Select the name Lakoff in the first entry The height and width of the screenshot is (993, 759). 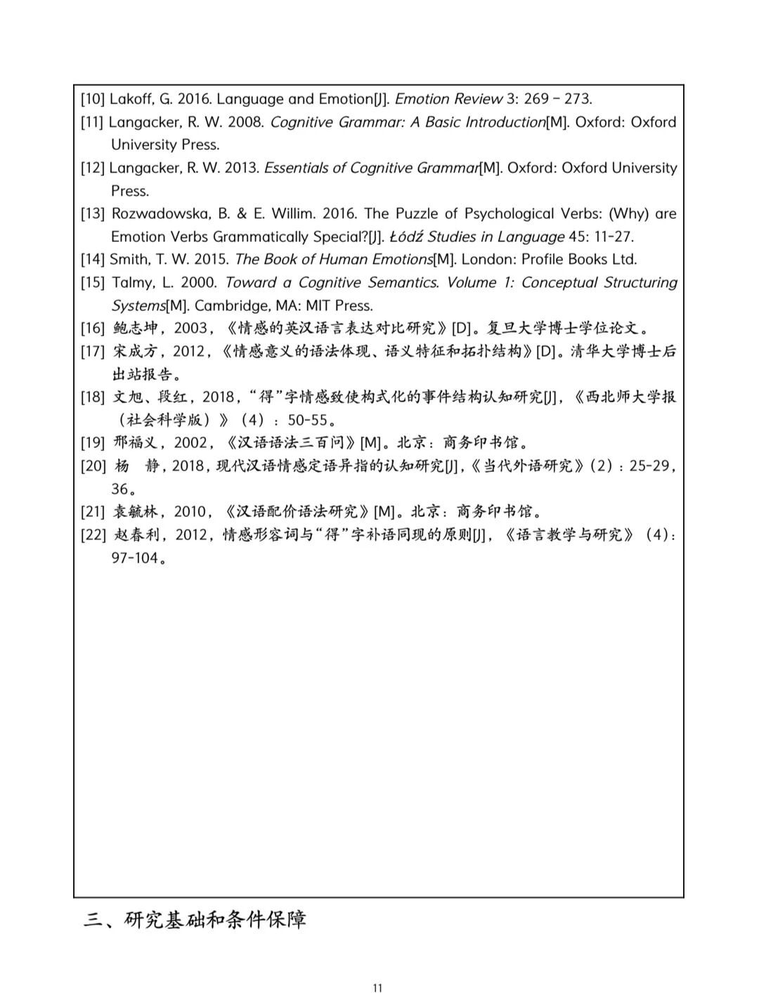tap(128, 99)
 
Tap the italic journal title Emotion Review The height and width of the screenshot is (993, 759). tap(449, 99)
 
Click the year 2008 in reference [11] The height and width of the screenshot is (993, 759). tap(245, 122)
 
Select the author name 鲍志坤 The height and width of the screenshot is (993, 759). tap(135, 328)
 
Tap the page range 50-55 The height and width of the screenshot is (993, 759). tap(308, 421)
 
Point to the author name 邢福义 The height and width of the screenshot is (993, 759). tap(135, 443)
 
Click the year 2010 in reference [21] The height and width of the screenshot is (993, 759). tap(190, 512)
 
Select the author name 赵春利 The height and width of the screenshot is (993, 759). tap(135, 535)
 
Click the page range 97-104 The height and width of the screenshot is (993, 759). tap(134, 558)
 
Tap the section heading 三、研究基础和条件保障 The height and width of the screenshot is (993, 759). tap(195, 920)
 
